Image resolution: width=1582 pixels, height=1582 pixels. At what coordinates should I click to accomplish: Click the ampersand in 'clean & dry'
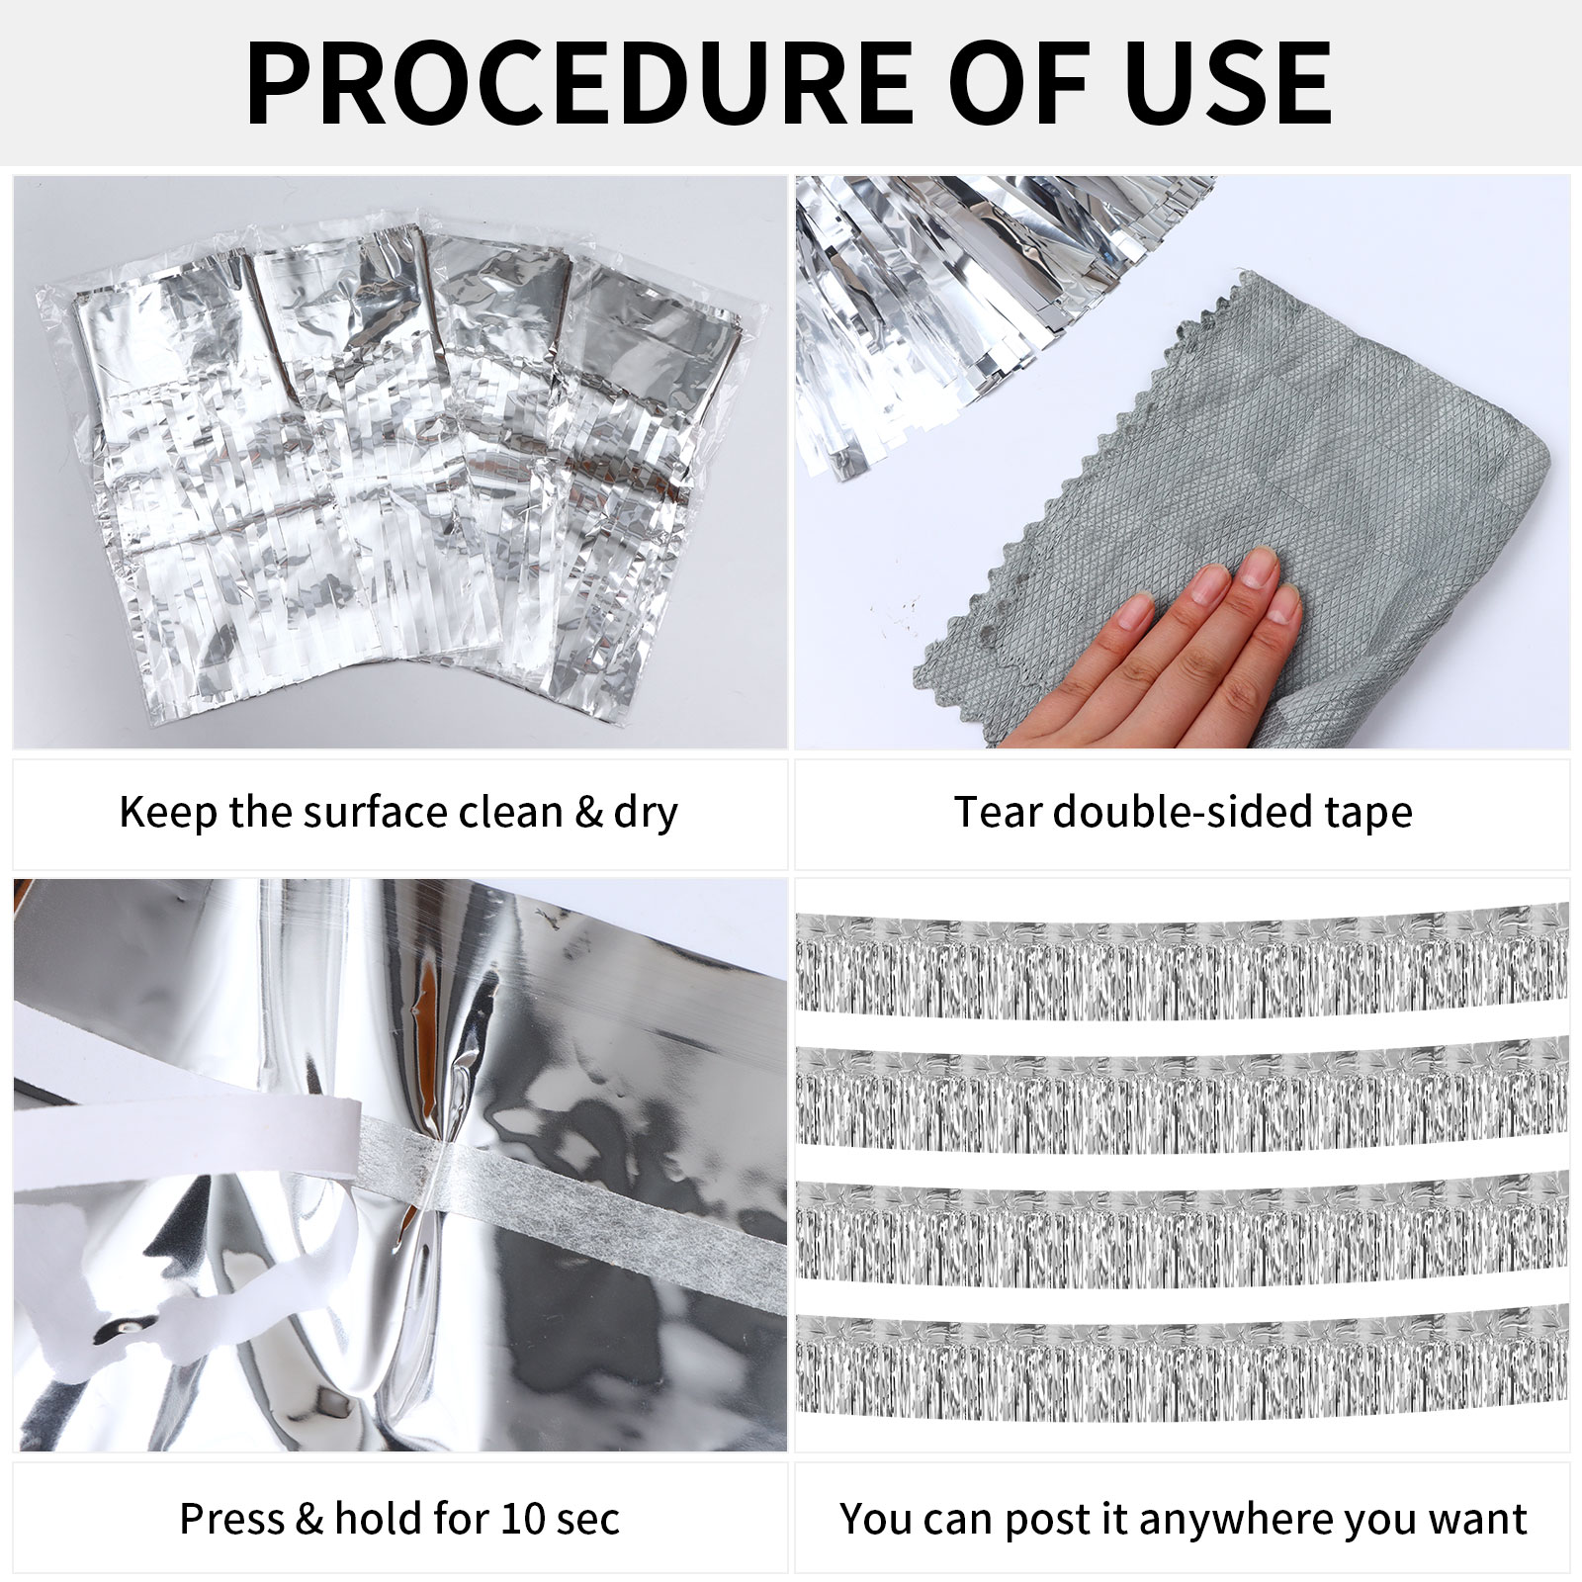click(x=588, y=813)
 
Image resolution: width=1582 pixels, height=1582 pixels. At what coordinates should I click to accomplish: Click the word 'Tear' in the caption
click(x=999, y=813)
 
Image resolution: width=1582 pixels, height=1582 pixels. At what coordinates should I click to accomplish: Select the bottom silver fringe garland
click(x=1182, y=1368)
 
